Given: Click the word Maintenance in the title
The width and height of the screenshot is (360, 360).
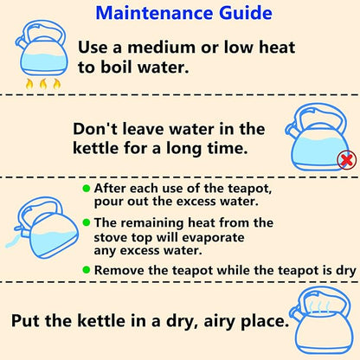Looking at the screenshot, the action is click(x=154, y=13).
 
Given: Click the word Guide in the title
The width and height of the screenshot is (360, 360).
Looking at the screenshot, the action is click(x=246, y=13).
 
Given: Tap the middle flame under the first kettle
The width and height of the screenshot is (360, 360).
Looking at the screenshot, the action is click(x=43, y=84).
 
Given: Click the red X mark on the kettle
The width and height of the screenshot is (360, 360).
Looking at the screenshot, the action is click(x=347, y=160).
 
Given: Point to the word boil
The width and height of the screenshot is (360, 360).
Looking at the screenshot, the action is click(x=116, y=67).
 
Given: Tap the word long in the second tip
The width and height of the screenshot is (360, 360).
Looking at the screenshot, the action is click(x=183, y=149).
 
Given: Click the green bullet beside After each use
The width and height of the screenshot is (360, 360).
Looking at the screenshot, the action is click(x=87, y=189).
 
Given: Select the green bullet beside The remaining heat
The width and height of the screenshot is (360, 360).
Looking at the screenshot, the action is click(x=87, y=222).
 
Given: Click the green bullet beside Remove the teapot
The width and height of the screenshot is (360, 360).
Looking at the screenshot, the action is click(x=87, y=270).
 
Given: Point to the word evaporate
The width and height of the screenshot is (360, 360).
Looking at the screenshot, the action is click(x=213, y=238).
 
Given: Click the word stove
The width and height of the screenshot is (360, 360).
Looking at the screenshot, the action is click(x=111, y=237).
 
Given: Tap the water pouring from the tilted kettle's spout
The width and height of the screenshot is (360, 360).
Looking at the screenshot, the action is click(x=13, y=241).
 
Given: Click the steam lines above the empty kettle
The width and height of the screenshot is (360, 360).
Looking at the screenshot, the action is click(x=319, y=307).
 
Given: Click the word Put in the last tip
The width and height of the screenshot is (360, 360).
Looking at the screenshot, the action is click(x=25, y=320).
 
